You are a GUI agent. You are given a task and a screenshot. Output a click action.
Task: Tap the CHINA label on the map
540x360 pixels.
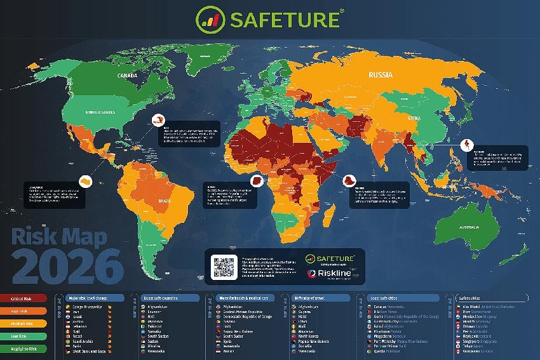coord(413,118)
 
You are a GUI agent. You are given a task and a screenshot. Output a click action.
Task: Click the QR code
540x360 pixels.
coord(224,266)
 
